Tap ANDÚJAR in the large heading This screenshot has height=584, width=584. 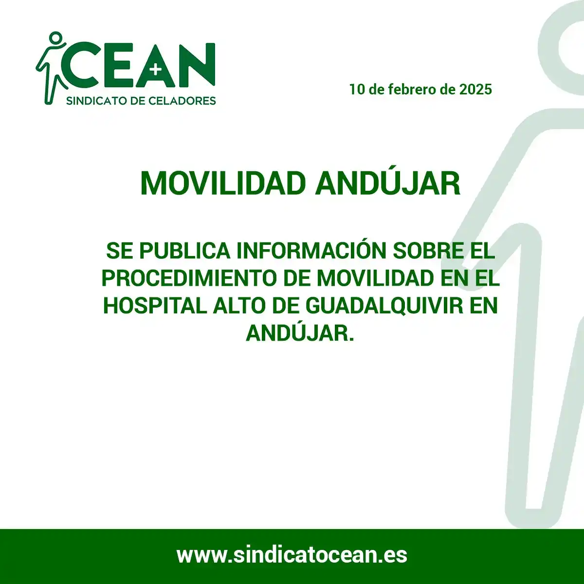click(x=387, y=183)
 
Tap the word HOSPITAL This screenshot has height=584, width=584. click(x=155, y=306)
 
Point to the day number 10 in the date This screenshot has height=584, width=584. click(x=357, y=90)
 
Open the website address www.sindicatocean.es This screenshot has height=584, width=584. click(x=292, y=555)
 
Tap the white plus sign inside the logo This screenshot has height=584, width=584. click(x=156, y=70)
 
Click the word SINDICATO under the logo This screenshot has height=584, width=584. click(x=95, y=101)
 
